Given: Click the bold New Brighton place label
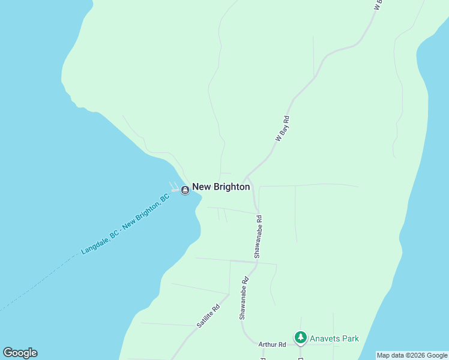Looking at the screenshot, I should [221, 187].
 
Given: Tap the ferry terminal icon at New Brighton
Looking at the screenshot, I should [185, 190].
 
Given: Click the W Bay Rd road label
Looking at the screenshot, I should [283, 128].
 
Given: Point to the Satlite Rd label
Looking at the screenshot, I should [208, 316].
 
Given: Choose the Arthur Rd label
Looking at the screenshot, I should [272, 344].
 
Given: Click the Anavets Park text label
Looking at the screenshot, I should [334, 338].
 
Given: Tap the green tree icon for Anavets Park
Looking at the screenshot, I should [300, 338].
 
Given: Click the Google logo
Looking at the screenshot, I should [20, 353].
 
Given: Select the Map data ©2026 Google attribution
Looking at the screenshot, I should [412, 355].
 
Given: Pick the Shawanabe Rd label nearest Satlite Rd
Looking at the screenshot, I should [243, 298].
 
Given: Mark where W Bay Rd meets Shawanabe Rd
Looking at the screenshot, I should [247, 178].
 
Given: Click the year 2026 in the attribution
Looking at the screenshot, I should [408, 355].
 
